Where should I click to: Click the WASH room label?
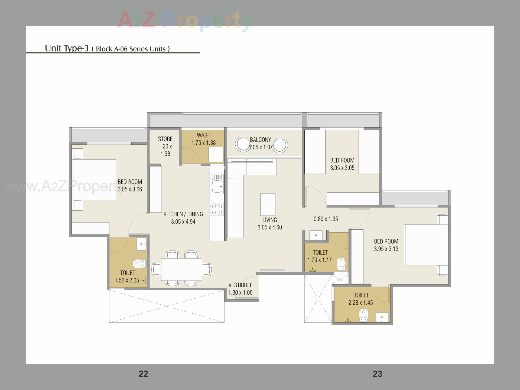(203, 135)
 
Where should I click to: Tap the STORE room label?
(165, 139)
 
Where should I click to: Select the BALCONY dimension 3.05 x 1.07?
(260, 147)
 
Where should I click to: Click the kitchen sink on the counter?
(217, 187)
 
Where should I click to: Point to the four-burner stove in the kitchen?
(217, 209)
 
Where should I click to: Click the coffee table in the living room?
(268, 204)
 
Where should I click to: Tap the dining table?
(181, 269)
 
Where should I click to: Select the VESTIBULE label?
(240, 285)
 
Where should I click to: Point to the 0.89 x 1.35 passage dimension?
(326, 219)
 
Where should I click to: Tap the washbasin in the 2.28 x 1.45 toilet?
(382, 317)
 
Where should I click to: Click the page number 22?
(143, 374)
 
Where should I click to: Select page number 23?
(377, 374)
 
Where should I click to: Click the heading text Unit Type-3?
(67, 48)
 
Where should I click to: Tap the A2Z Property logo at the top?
(184, 20)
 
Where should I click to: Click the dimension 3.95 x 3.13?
(386, 249)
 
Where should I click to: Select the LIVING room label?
(269, 220)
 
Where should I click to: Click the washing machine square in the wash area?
(216, 154)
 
